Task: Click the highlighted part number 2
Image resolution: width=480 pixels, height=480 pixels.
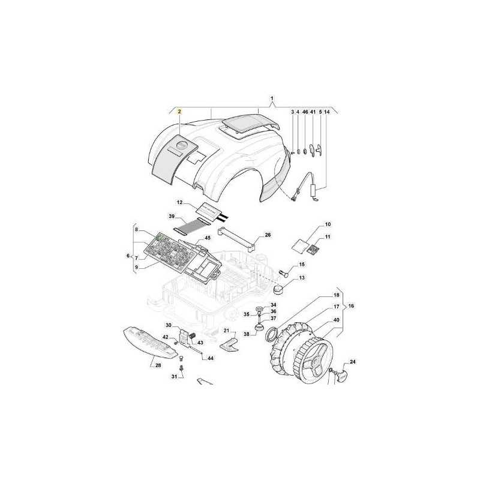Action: [179, 112]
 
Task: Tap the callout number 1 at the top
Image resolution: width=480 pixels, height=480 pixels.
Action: [272, 98]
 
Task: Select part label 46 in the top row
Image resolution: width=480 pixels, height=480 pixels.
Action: [305, 112]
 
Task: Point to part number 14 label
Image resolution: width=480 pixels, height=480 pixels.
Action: [327, 112]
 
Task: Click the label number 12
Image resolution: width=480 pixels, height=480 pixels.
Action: [179, 202]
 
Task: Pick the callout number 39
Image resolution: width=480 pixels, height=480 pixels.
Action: [172, 216]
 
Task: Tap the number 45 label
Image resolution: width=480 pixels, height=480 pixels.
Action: [208, 238]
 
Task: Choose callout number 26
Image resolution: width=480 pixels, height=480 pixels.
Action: [268, 235]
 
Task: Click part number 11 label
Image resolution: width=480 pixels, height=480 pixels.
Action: [328, 236]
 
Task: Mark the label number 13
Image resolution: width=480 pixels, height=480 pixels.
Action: [302, 278]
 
